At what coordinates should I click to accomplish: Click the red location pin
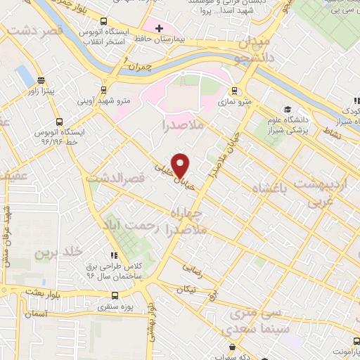181,165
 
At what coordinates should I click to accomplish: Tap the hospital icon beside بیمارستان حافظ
159,28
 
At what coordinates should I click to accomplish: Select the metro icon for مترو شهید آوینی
104,89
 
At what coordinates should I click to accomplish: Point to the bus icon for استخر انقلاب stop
104,22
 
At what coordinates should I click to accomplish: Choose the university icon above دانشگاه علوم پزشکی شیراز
287,109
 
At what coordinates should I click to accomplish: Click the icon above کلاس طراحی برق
112,257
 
